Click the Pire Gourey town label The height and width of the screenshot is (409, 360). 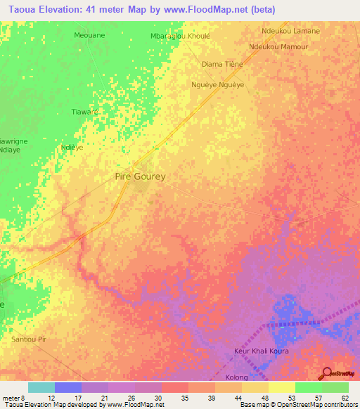(140, 176)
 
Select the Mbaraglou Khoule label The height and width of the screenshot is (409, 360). (180, 35)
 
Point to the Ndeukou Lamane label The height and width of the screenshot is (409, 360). (290, 31)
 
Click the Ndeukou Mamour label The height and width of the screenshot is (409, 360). (278, 46)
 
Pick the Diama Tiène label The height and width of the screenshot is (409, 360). (222, 64)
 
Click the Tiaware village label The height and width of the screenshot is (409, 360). (85, 112)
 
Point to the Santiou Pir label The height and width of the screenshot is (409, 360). (29, 339)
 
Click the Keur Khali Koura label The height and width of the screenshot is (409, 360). (261, 351)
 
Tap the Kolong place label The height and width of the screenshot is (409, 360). (236, 377)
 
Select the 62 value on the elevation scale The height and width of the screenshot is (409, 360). (345, 398)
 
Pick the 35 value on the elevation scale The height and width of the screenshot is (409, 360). (184, 398)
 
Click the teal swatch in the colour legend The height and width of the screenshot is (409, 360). (41, 387)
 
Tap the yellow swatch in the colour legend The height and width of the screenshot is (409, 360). (281, 387)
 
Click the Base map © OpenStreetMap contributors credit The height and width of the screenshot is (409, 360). (298, 405)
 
